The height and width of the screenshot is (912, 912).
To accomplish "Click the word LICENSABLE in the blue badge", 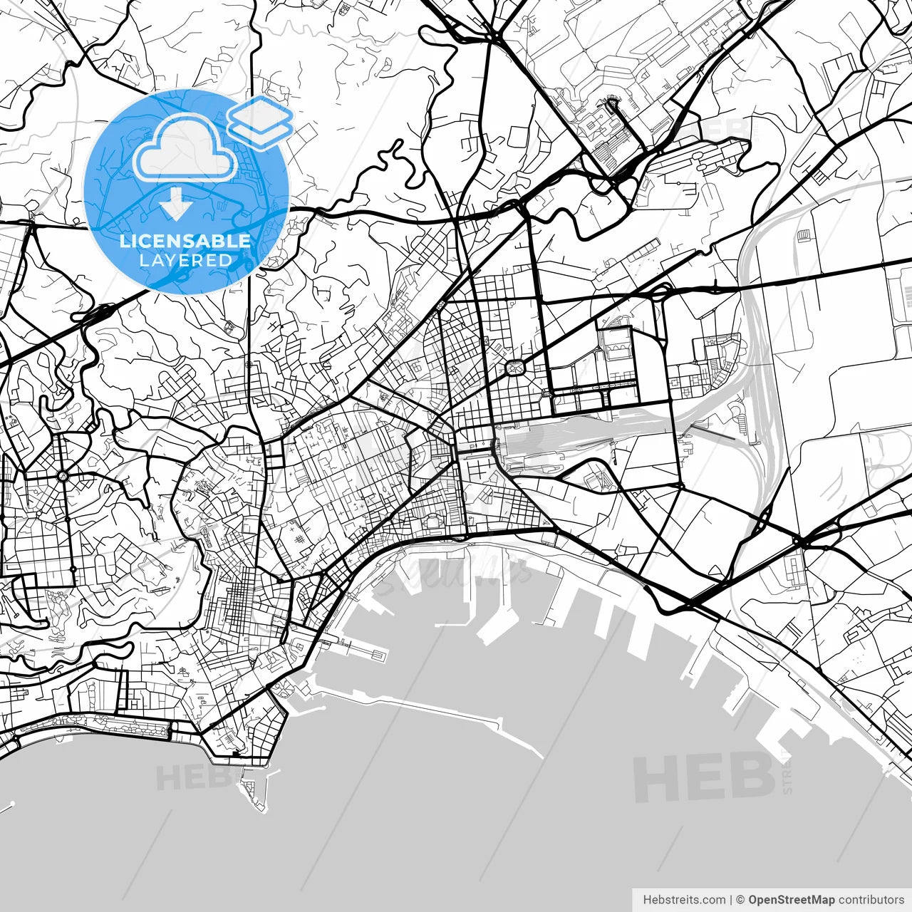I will click(185, 241).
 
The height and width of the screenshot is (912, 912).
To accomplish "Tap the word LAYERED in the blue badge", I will click(185, 261).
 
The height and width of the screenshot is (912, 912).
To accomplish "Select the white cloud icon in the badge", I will click(185, 148).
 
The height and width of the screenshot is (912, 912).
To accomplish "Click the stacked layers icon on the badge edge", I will click(260, 122).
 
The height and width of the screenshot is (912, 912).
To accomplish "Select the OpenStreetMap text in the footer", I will click(791, 900).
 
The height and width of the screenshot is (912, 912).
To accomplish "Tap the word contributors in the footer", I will click(871, 900).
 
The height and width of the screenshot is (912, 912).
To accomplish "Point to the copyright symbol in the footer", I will click(740, 900).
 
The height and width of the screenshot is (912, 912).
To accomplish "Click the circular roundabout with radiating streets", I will click(63, 475).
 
